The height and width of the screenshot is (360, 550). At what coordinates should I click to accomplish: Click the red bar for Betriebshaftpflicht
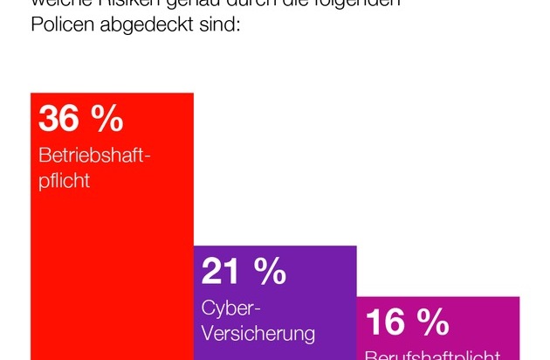coord(112,262)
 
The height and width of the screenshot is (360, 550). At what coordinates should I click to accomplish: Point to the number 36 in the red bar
coord(59,118)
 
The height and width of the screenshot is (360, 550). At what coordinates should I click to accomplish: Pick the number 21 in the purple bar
coord(221,272)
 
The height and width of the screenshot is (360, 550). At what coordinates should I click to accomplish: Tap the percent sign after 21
coord(269,272)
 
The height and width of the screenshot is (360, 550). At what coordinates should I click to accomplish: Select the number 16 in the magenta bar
coord(385,322)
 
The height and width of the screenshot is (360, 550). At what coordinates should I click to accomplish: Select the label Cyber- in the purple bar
coord(232,308)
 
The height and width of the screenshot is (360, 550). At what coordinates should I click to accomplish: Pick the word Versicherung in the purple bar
coord(258,334)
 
